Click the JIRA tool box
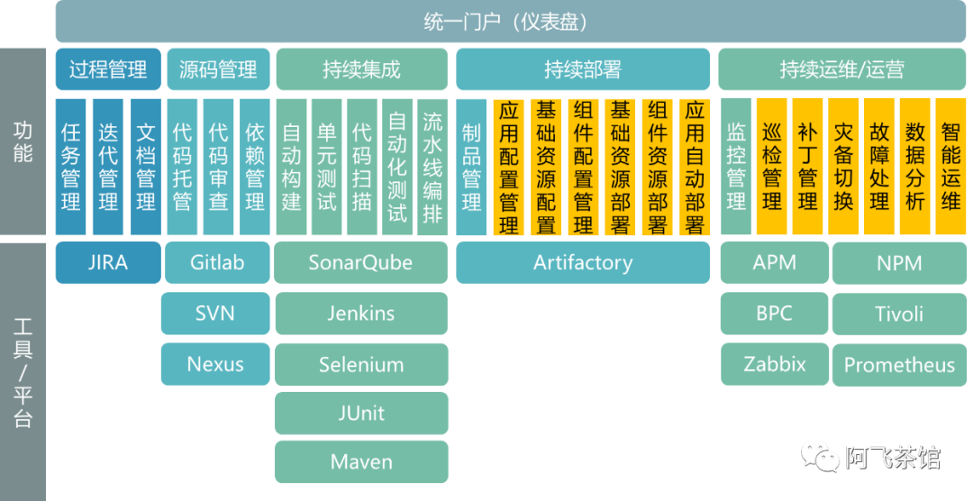click(108, 263)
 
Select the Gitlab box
click(217, 263)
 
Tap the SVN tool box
click(215, 314)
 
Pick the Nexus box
click(215, 364)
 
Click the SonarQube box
click(360, 263)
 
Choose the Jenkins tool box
click(360, 314)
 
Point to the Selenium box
click(360, 365)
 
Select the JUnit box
click(360, 413)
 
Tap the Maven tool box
click(360, 461)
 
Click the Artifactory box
click(583, 263)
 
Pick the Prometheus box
click(899, 365)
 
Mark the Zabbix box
click(774, 364)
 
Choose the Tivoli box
click(899, 314)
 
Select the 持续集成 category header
click(360, 69)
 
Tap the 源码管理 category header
click(217, 69)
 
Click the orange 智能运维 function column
click(950, 166)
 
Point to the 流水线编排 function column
click(432, 166)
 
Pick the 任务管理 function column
click(70, 166)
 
